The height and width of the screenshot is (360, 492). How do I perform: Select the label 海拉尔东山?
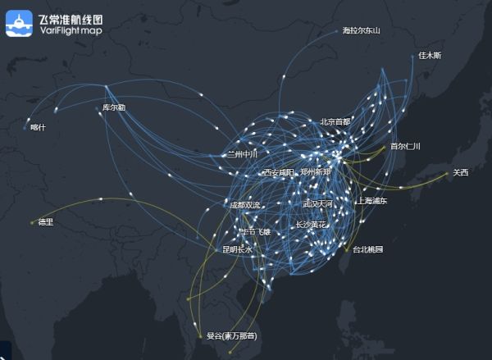coord(362,31)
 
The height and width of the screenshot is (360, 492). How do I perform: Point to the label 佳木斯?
coord(430,56)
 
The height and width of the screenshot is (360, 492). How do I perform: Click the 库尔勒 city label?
coord(114,107)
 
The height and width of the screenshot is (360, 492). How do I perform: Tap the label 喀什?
coord(38,127)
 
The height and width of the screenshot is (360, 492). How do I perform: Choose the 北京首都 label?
coord(335,122)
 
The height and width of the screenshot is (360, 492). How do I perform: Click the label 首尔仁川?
coord(404,147)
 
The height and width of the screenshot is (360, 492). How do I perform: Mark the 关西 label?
coord(460,172)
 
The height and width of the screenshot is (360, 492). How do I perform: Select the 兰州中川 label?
coord(242,153)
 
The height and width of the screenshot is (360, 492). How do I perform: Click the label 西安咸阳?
coord(278,173)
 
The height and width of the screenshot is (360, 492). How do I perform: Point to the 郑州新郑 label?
coord(316,172)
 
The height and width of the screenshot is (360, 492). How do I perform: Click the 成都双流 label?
coord(244,205)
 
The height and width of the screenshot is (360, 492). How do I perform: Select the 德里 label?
coord(45,221)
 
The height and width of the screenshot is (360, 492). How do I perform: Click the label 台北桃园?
coord(368,248)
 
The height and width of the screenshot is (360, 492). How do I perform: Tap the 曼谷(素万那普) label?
coord(231,336)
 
